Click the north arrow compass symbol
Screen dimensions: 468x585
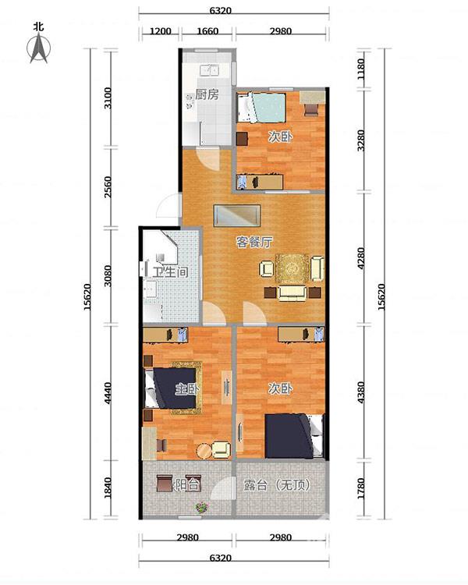[39, 48]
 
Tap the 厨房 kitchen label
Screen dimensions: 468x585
[207, 94]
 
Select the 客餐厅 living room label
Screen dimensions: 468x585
[254, 242]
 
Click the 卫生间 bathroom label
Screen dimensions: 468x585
[170, 272]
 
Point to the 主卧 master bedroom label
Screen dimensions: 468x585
[187, 389]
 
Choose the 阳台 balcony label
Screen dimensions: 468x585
[188, 484]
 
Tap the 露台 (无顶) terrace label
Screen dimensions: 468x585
[277, 485]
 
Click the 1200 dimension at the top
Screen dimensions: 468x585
[161, 31]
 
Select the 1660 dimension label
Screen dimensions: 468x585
[207, 31]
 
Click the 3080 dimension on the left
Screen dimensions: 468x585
[108, 275]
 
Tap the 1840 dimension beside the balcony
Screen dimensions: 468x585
[108, 487]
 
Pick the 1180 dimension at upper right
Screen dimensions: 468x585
[361, 69]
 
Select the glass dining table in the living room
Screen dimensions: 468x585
[237, 215]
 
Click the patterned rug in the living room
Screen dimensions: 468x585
[292, 268]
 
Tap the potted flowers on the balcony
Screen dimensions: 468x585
[202, 508]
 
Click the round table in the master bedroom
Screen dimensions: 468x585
[204, 451]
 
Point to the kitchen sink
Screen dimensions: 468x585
[209, 70]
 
